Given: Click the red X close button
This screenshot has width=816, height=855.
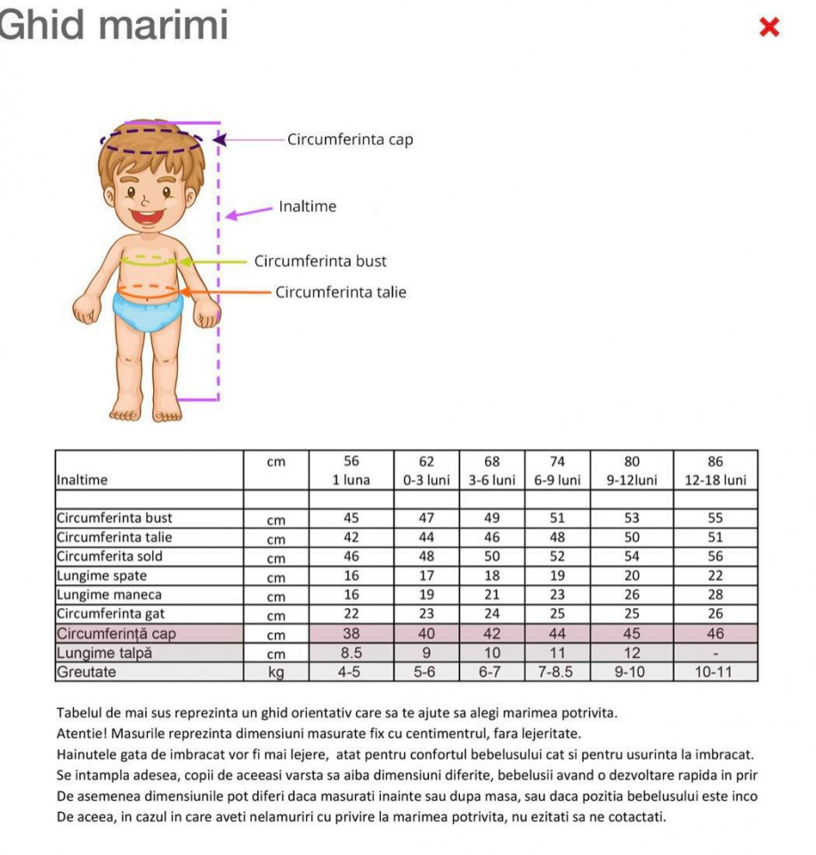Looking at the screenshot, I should [770, 28].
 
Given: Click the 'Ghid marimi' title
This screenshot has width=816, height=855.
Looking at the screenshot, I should [114, 24].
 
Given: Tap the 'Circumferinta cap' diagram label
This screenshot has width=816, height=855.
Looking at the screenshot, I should [350, 140].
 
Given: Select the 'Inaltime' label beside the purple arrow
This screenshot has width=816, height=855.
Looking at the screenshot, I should [308, 207].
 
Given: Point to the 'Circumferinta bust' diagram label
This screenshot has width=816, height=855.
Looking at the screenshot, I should [320, 261].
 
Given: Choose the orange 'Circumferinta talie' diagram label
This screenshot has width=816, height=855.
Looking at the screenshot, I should [341, 292].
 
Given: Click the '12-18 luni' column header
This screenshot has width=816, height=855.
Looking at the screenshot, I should [715, 480].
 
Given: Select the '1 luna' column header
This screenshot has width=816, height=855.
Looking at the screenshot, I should [351, 480].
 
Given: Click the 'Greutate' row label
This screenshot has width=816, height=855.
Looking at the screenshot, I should [86, 672].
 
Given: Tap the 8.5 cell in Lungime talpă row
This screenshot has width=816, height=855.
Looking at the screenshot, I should [351, 653].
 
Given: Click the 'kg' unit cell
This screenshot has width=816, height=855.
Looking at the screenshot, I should [276, 672].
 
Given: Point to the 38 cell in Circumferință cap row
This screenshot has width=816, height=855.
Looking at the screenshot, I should [351, 633].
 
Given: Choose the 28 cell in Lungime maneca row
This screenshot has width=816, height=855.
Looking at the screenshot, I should [715, 594].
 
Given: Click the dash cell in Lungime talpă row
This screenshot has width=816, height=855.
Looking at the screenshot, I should [715, 653].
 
